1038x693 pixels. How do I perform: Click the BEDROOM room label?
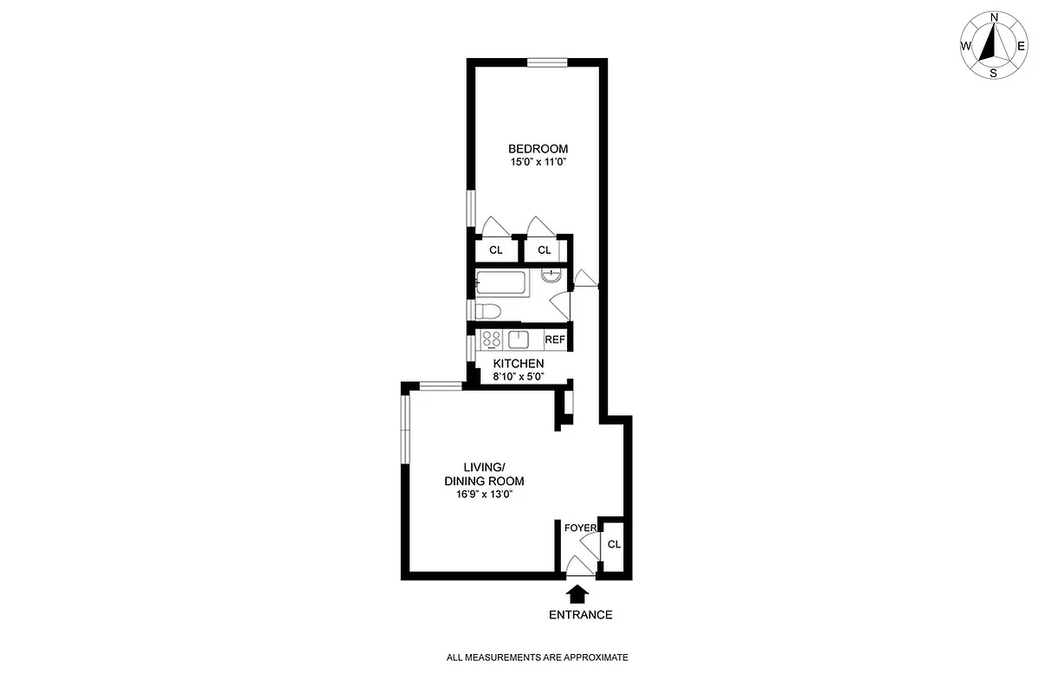click(x=538, y=148)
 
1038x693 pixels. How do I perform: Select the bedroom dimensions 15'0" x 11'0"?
click(x=538, y=161)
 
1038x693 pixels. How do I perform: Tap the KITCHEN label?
click(x=518, y=363)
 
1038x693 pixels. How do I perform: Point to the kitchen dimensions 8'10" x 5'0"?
click(x=518, y=376)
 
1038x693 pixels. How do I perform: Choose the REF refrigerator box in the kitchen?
click(x=554, y=340)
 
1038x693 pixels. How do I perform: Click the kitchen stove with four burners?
click(x=492, y=339)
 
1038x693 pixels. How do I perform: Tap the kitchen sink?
click(x=519, y=339)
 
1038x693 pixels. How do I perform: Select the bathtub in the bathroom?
click(x=503, y=283)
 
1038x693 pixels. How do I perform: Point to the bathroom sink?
click(x=551, y=275)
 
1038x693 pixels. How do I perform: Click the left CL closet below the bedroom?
click(x=496, y=250)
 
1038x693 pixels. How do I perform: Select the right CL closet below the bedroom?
click(x=544, y=250)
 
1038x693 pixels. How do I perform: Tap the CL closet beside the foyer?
click(x=614, y=545)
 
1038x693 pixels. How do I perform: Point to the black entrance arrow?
click(x=577, y=593)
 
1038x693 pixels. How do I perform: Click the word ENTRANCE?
click(x=580, y=615)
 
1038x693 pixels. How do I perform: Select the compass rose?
click(x=993, y=46)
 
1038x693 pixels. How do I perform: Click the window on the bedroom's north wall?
click(x=547, y=62)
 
